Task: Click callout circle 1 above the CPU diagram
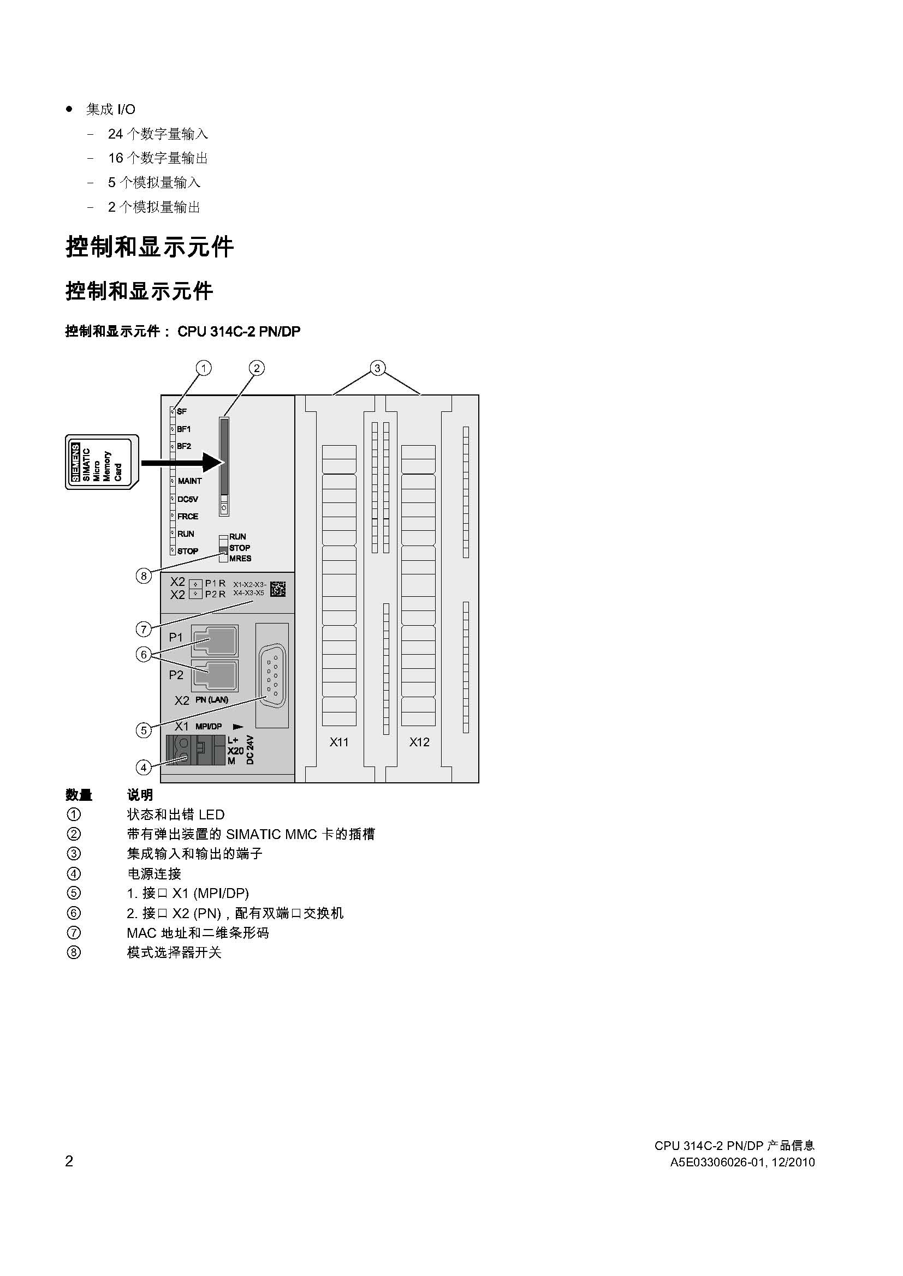pyautogui.click(x=204, y=368)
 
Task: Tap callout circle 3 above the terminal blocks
pyautogui.click(x=378, y=368)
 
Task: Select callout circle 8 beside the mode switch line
pyautogui.click(x=144, y=576)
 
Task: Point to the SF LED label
pyautogui.click(x=182, y=412)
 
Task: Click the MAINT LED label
pyautogui.click(x=189, y=481)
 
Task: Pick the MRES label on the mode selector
pyautogui.click(x=240, y=559)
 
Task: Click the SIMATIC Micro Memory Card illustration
pyautogui.click(x=102, y=462)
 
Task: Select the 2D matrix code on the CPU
pyautogui.click(x=278, y=589)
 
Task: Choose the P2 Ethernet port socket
pyautogui.click(x=215, y=676)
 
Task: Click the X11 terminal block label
pyautogui.click(x=338, y=742)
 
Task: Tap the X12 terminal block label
pyautogui.click(x=419, y=742)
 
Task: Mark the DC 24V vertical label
pyautogui.click(x=250, y=750)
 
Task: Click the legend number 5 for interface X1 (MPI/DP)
pyautogui.click(x=73, y=893)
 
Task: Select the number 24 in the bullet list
pyautogui.click(x=115, y=134)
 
